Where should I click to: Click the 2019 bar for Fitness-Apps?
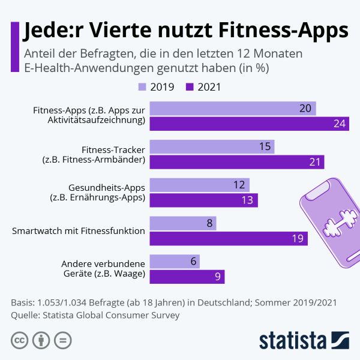pyautogui.click(x=233, y=109)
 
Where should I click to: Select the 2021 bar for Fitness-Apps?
pyautogui.click(x=249, y=124)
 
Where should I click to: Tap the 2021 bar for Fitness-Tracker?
pyautogui.click(x=236, y=162)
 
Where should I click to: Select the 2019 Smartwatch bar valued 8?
pyautogui.click(x=182, y=224)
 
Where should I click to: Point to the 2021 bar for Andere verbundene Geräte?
pyautogui.click(x=187, y=277)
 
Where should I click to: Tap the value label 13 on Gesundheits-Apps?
pyautogui.click(x=246, y=200)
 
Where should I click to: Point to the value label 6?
pyautogui.click(x=193, y=262)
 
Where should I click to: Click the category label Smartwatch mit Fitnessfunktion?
pyautogui.click(x=79, y=231)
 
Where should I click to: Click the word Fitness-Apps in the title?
pyautogui.click(x=287, y=30)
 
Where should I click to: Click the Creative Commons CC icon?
pyautogui.click(x=20, y=341)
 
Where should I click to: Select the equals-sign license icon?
pyautogui.click(x=62, y=341)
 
